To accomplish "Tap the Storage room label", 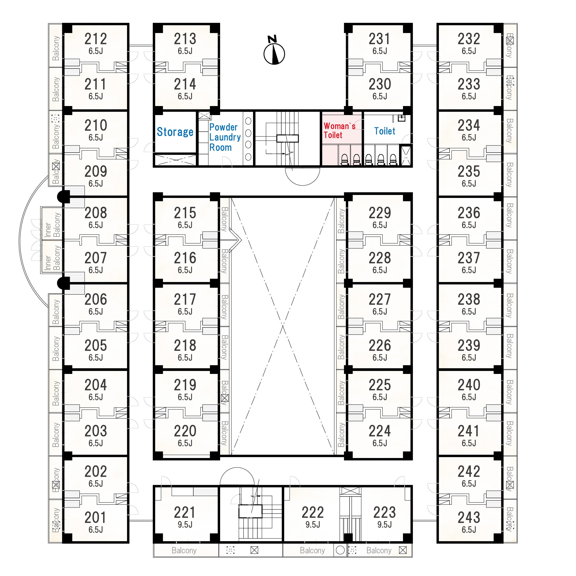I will pos(175,132).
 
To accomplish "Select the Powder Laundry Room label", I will pos(225,137).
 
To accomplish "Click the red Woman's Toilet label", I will pos(339,131).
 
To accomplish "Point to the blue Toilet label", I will pos(385,131).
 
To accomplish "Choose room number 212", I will pos(95,39).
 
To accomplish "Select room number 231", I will pos(379,39).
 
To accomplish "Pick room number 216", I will pos(185,258).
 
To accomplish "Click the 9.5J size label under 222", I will pos(312,524).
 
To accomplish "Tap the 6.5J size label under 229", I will pos(380,225).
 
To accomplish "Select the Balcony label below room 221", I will pos(184,550).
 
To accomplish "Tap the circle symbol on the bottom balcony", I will pos(340,550).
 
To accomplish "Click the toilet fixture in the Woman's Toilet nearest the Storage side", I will pos(344,159).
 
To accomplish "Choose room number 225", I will pos(379,385).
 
